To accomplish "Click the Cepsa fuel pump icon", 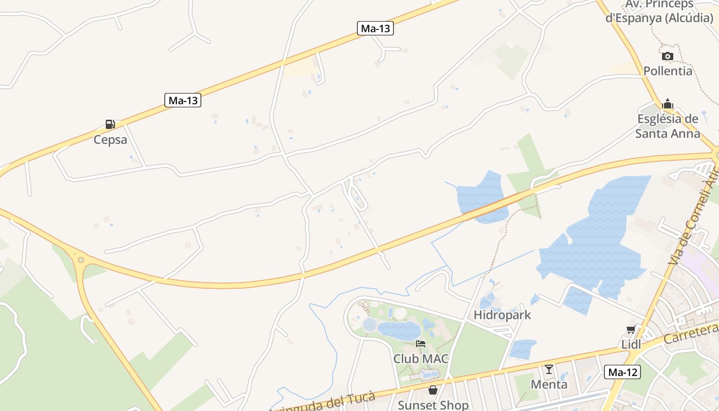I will pos(110,124).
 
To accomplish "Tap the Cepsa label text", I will pos(110,140).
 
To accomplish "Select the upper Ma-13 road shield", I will pos(375,28).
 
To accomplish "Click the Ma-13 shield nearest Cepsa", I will pos(183,100).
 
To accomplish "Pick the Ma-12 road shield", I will pos(622,372).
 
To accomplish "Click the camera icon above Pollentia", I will pos(668,56).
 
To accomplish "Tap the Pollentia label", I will pos(668,71).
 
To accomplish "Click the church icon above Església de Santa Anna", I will pos(668,104).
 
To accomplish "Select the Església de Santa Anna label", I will pos(668,126).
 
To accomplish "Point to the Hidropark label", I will pos(502,315).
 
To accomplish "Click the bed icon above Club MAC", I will pos(421,344).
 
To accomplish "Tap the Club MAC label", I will pos(421,359).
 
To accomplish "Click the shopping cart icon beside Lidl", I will pos(631,330).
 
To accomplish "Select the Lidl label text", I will pos(631,345).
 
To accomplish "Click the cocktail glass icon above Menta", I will pos(549,369).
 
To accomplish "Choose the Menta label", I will pos(549,384).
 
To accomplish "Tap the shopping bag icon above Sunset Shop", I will pos(433,390).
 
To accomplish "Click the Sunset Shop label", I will pos(433,405).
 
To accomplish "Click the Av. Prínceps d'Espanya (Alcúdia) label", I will pos(659,11).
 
